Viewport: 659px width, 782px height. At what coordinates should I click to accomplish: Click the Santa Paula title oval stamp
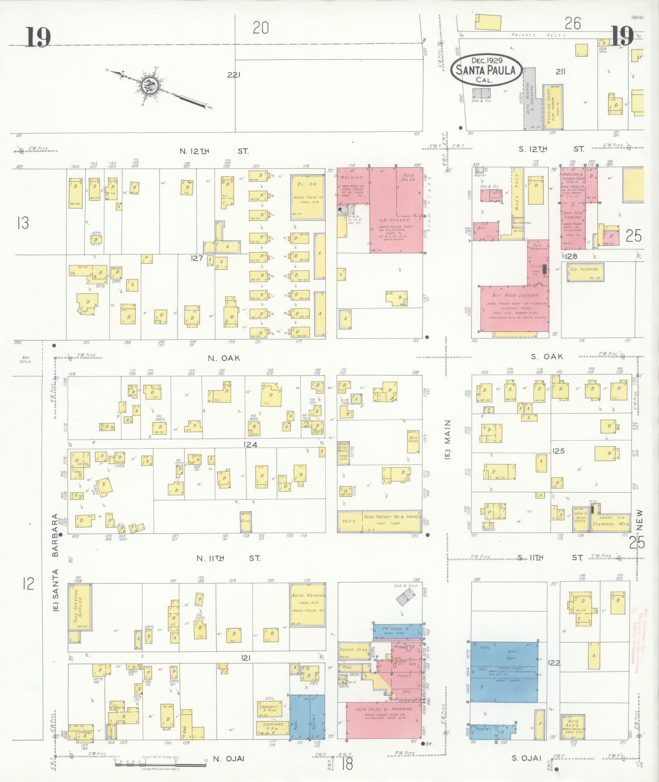pos(486,70)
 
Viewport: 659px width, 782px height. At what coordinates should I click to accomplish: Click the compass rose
pos(149,85)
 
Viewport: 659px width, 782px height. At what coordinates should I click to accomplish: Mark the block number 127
pos(197,258)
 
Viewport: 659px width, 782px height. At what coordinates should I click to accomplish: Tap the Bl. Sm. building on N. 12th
pos(308,197)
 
